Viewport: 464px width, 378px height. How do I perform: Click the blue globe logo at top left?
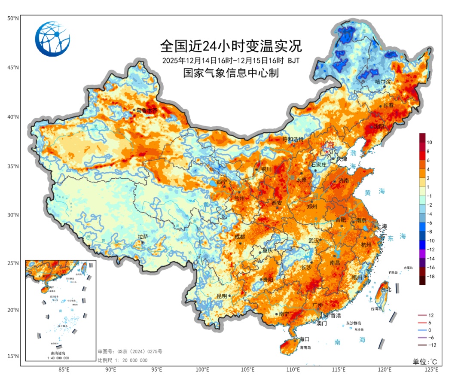coord(52,39)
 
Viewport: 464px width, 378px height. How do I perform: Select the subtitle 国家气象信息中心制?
coord(231,73)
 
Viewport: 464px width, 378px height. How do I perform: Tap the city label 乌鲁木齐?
coord(147,110)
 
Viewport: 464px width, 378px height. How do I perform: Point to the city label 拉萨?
coord(143,237)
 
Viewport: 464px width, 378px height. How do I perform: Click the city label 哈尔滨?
coord(383,82)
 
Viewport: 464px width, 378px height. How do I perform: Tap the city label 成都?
coord(239,237)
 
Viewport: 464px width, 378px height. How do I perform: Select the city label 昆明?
coord(222,296)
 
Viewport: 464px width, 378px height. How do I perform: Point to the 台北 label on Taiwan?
coord(387,290)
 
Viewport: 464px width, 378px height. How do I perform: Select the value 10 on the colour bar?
coord(429,142)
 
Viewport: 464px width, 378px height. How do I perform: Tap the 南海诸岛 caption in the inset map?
coord(60,353)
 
